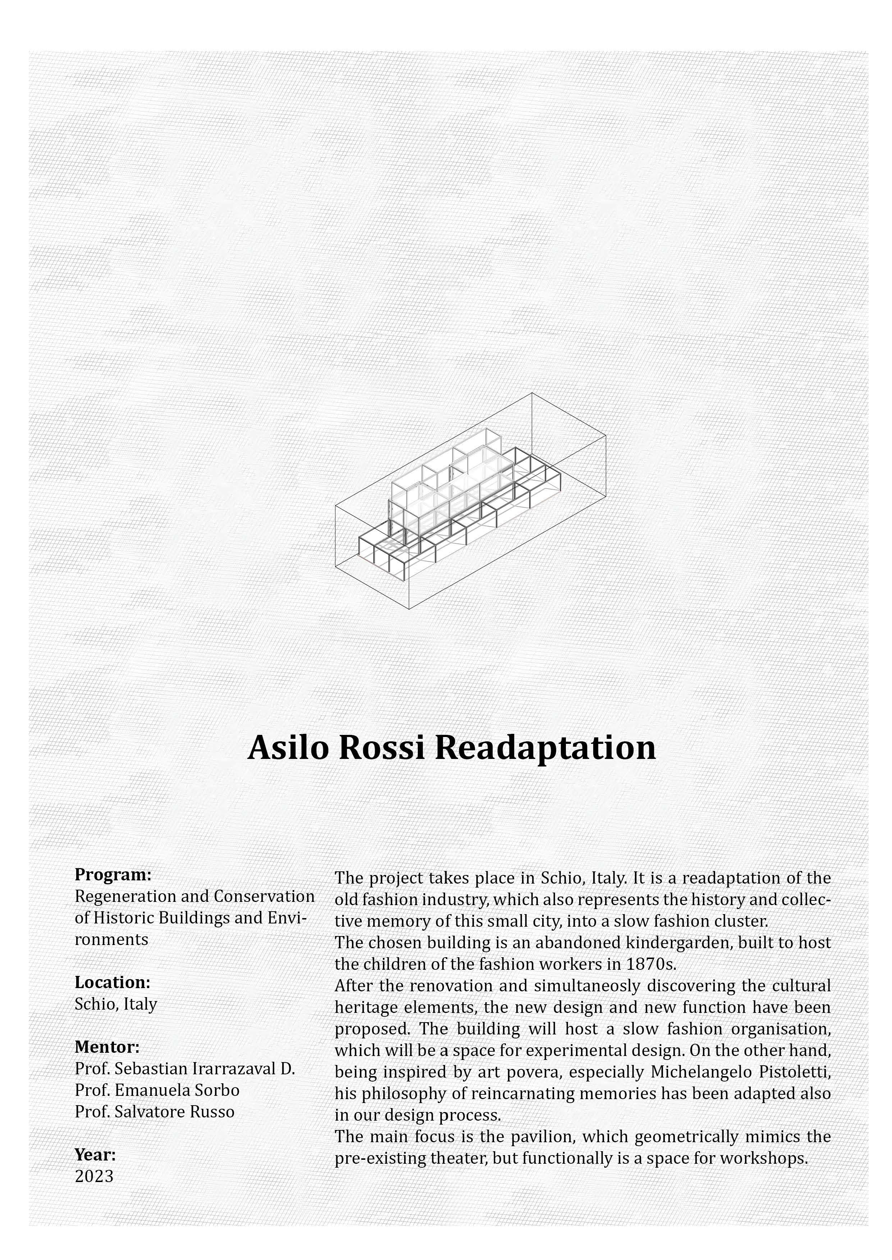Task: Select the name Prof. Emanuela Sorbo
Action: tap(157, 1090)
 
